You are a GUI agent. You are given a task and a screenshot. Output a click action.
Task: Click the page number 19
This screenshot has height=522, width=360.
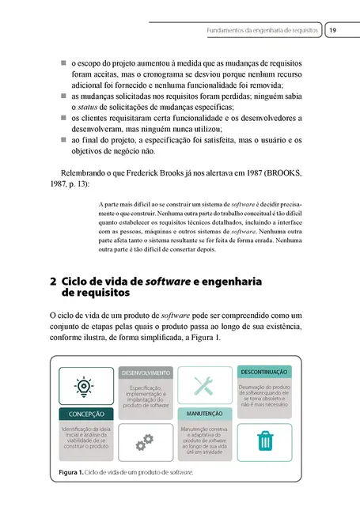tap(333, 29)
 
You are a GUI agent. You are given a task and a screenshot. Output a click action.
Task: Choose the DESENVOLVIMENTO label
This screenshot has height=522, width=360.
tap(145, 372)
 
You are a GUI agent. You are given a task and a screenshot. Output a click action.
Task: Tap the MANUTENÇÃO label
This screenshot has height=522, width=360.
tap(205, 414)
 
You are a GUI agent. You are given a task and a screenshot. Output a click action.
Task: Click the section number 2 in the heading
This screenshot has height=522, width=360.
tap(52, 281)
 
